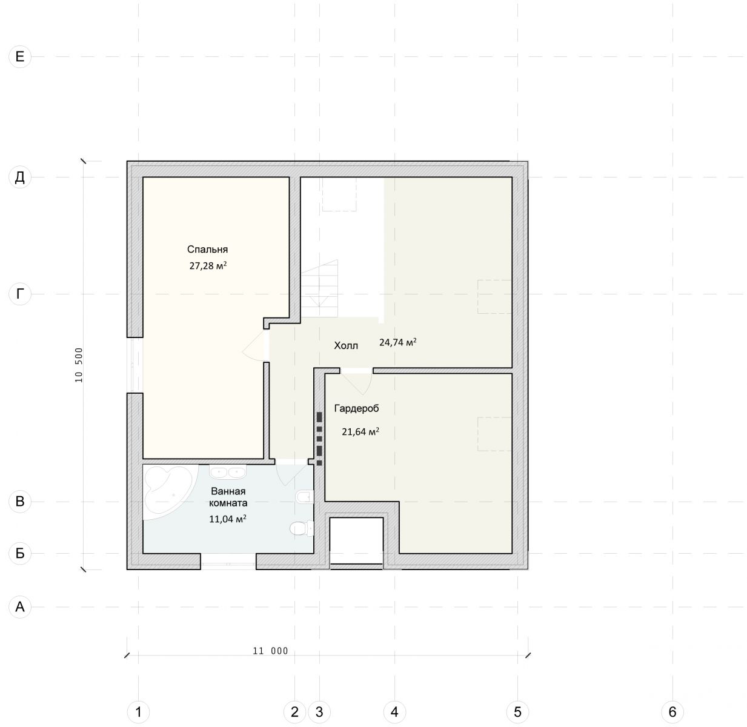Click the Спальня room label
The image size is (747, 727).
click(x=207, y=250)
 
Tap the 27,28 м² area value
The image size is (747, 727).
click(x=208, y=265)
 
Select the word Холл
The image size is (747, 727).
click(x=345, y=345)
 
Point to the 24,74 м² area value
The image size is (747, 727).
click(x=397, y=342)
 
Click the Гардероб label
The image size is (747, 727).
click(x=356, y=408)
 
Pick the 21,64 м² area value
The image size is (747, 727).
click(x=360, y=432)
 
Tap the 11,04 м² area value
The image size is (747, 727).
click(x=228, y=519)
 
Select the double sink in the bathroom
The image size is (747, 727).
click(x=228, y=472)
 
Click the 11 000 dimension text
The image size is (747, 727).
click(x=270, y=651)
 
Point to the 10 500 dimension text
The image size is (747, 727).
click(x=79, y=365)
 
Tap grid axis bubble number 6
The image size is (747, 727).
click(x=672, y=712)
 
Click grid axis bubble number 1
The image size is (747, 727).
click(x=138, y=712)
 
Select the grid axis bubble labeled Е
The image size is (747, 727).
click(x=20, y=57)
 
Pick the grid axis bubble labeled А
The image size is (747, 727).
click(x=20, y=607)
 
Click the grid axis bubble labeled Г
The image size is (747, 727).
click(x=20, y=294)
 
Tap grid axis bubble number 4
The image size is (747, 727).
click(x=394, y=712)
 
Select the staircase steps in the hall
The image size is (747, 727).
click(x=319, y=288)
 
